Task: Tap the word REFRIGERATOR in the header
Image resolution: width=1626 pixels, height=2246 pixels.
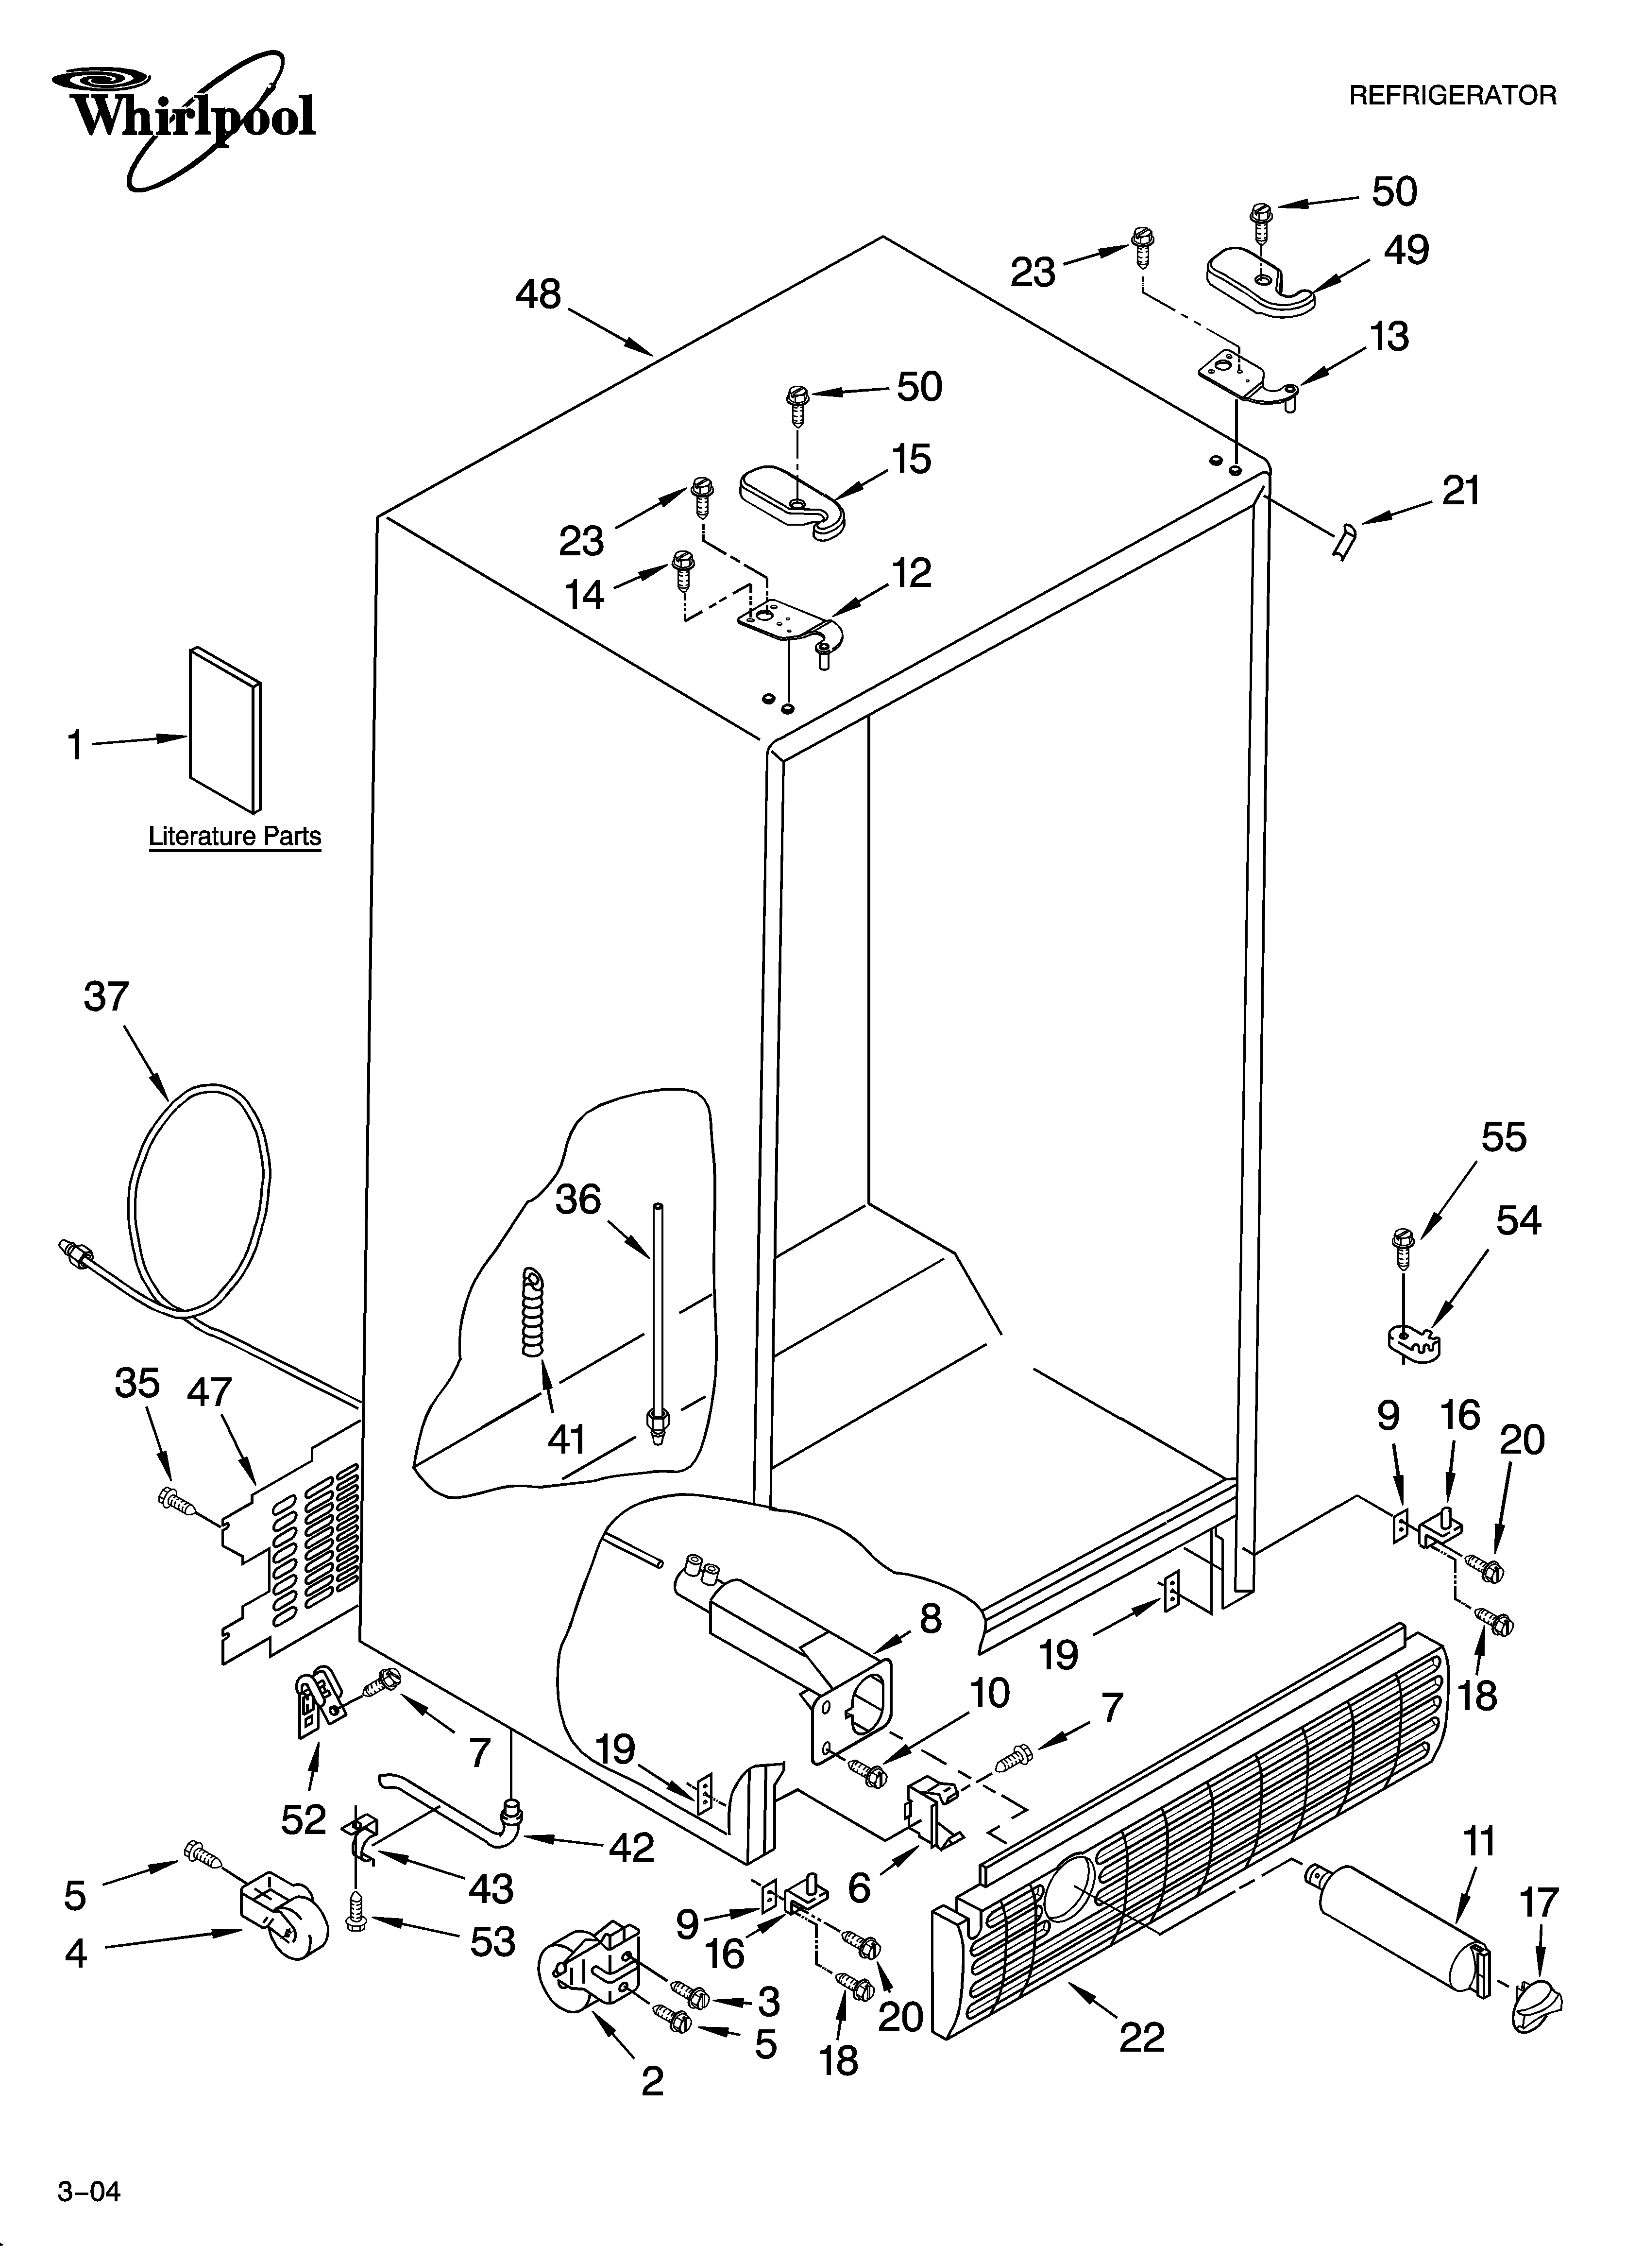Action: click(1453, 96)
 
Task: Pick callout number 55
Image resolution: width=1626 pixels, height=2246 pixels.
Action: click(1503, 1138)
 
